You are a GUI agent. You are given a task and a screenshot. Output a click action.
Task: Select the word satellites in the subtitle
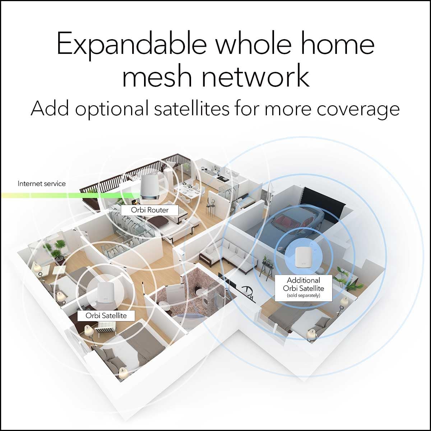pos(191,108)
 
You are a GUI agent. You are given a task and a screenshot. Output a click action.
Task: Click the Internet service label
pos(42,184)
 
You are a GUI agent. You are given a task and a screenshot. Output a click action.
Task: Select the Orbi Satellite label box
pos(106,315)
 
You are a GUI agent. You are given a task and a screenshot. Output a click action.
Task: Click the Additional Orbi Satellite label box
pos(303,288)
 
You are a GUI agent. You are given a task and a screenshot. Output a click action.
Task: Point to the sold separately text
pos(303,296)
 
